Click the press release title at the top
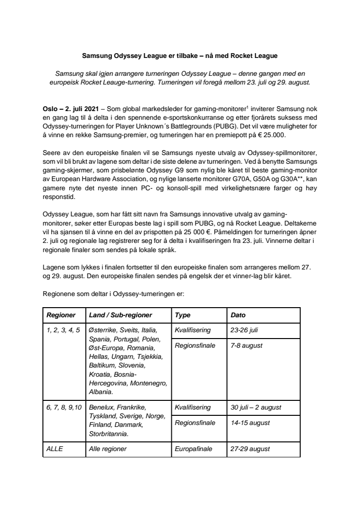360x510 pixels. pyautogui.click(x=180, y=56)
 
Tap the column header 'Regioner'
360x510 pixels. pyautogui.click(x=61, y=315)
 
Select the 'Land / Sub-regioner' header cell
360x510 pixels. pyautogui.click(x=121, y=315)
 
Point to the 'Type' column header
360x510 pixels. pyautogui.click(x=183, y=315)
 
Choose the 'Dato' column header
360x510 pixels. pyautogui.click(x=238, y=315)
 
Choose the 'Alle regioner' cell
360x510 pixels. pyautogui.click(x=108, y=449)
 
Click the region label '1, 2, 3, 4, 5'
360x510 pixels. pyautogui.click(x=63, y=331)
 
